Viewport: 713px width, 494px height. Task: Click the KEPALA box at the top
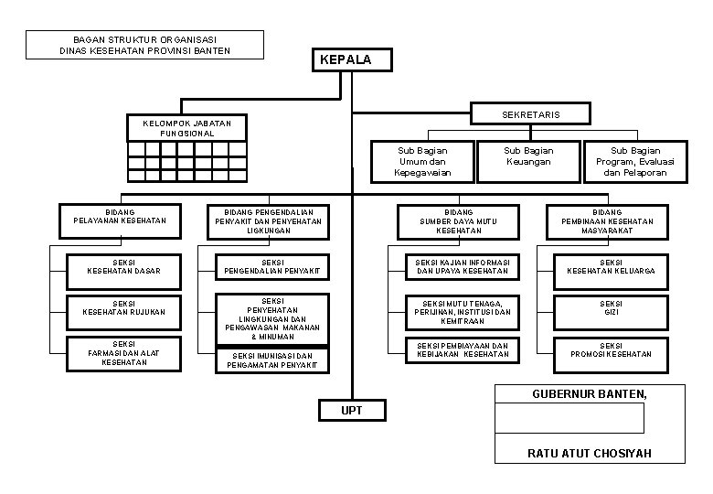point(353,60)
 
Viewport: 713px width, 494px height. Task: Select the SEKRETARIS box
point(531,113)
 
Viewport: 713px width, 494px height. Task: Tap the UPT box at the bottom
point(352,411)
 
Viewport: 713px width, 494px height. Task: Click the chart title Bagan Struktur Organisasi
point(144,45)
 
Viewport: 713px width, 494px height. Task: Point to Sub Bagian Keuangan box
point(528,161)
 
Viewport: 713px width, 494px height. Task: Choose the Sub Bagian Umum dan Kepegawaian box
point(422,161)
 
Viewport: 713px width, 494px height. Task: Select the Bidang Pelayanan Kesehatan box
point(120,220)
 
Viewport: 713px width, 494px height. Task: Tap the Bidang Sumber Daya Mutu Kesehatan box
point(459,220)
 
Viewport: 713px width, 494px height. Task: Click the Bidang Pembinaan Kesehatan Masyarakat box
point(611,220)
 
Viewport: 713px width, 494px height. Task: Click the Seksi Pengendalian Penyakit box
point(272,266)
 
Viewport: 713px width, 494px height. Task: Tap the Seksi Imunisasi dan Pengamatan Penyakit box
point(272,360)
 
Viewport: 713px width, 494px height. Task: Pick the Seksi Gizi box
point(611,312)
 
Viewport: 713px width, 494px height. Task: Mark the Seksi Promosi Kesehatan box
point(611,354)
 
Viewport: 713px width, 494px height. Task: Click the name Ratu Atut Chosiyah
point(589,453)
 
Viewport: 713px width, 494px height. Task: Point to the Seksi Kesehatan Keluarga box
point(611,266)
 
